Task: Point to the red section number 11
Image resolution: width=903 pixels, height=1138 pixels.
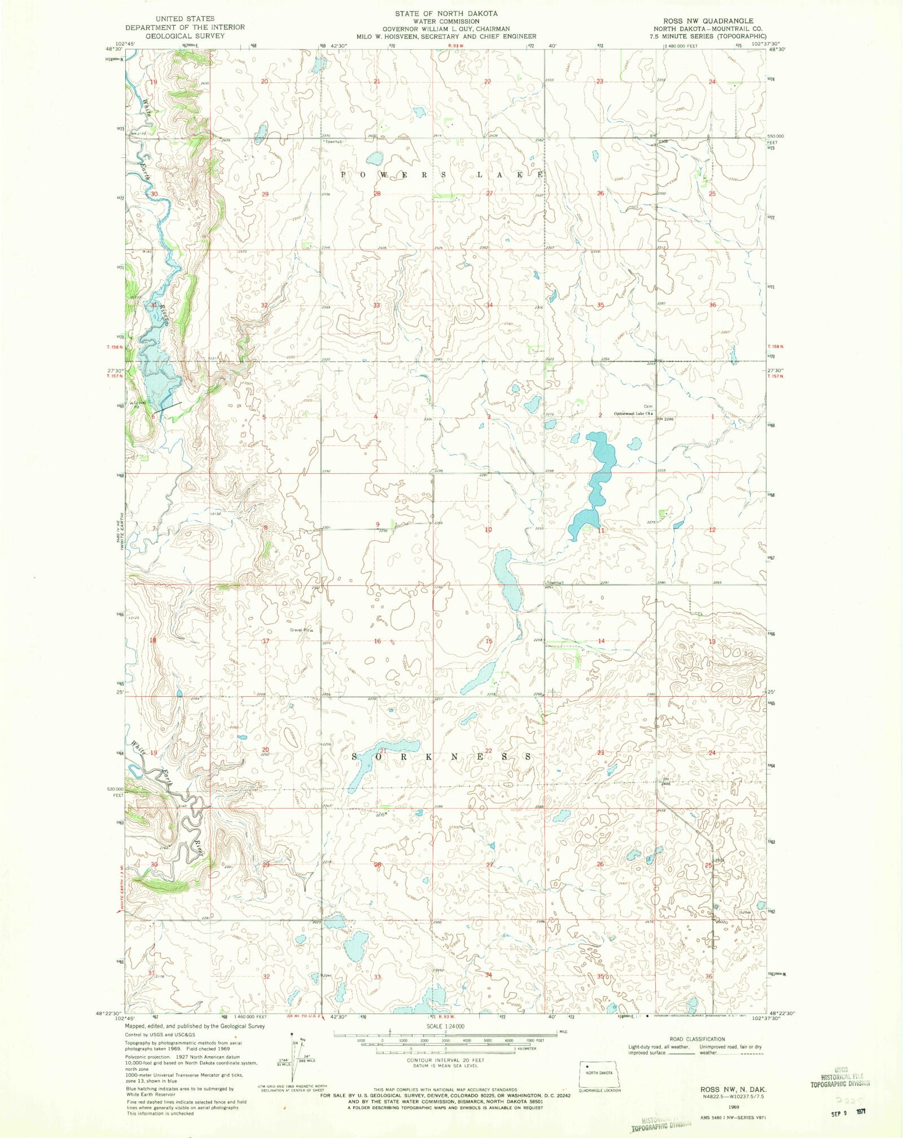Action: pyautogui.click(x=601, y=530)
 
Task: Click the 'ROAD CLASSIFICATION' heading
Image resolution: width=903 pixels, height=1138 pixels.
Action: pyautogui.click(x=697, y=1039)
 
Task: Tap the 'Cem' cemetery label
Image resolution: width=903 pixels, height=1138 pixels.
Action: pyautogui.click(x=648, y=406)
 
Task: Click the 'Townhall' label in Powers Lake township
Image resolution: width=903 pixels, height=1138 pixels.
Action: pyautogui.click(x=334, y=142)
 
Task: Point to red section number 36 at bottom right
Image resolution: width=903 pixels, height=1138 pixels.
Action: pyautogui.click(x=709, y=976)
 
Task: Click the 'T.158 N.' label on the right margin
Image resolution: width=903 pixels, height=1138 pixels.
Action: pyautogui.click(x=776, y=346)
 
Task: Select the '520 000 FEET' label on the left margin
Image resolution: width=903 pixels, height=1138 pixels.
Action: pyautogui.click(x=115, y=792)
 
